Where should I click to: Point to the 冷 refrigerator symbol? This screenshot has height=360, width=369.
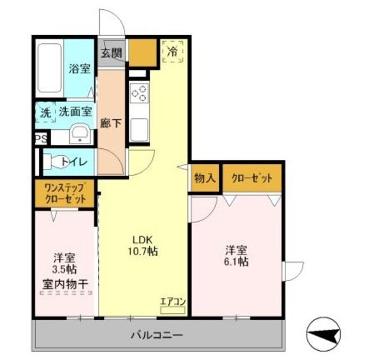(x=172, y=51)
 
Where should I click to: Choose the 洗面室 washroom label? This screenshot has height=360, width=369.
(x=75, y=111)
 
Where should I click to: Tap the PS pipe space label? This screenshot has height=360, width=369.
(x=40, y=139)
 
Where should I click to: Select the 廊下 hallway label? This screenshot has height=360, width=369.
(x=110, y=123)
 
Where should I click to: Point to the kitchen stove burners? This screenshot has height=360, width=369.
(x=139, y=94)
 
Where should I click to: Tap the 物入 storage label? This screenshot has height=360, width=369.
(x=205, y=178)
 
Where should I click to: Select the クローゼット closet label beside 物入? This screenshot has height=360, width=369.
(x=252, y=178)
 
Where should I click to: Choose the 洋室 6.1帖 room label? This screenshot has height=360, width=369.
(x=236, y=256)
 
